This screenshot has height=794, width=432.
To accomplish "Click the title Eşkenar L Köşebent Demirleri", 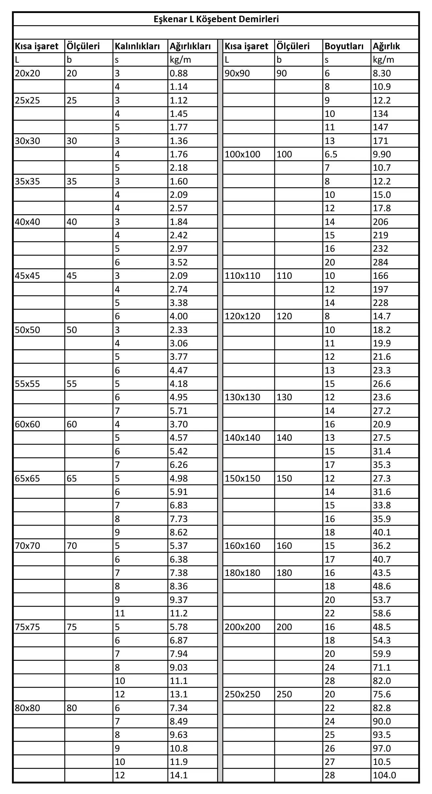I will pos(216,19).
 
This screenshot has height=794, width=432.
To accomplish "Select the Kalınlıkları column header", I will pos(137,46).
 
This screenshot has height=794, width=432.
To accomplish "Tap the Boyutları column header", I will pos(344,46).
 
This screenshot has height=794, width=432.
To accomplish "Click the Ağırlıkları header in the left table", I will pos(190,46).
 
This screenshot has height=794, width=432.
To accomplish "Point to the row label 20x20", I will pos(27,73).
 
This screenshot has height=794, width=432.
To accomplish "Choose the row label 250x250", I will pos(242,694).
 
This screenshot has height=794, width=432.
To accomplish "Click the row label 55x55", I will pos(27,384).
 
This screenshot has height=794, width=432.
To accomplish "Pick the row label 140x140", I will pos(242,437).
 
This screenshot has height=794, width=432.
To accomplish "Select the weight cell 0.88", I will pos(179,73).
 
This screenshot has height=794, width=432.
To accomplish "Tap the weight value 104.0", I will pos(384,775).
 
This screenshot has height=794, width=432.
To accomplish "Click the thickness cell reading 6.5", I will pos(331,154).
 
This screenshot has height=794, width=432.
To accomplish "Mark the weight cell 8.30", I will pos(382,73).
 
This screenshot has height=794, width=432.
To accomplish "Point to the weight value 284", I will pos(380,262).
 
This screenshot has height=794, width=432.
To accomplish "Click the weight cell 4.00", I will pos(179,316).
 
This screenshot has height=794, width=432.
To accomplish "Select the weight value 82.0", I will pos(382,681).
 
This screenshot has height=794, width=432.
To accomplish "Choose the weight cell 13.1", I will pos(179,694).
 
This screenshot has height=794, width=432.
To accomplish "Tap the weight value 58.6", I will pos(382,613).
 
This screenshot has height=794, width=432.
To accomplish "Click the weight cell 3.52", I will pos(179,262).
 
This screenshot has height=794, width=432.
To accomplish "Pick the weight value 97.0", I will pos(382,748).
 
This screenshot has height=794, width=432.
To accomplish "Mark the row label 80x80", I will pos(27,708).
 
